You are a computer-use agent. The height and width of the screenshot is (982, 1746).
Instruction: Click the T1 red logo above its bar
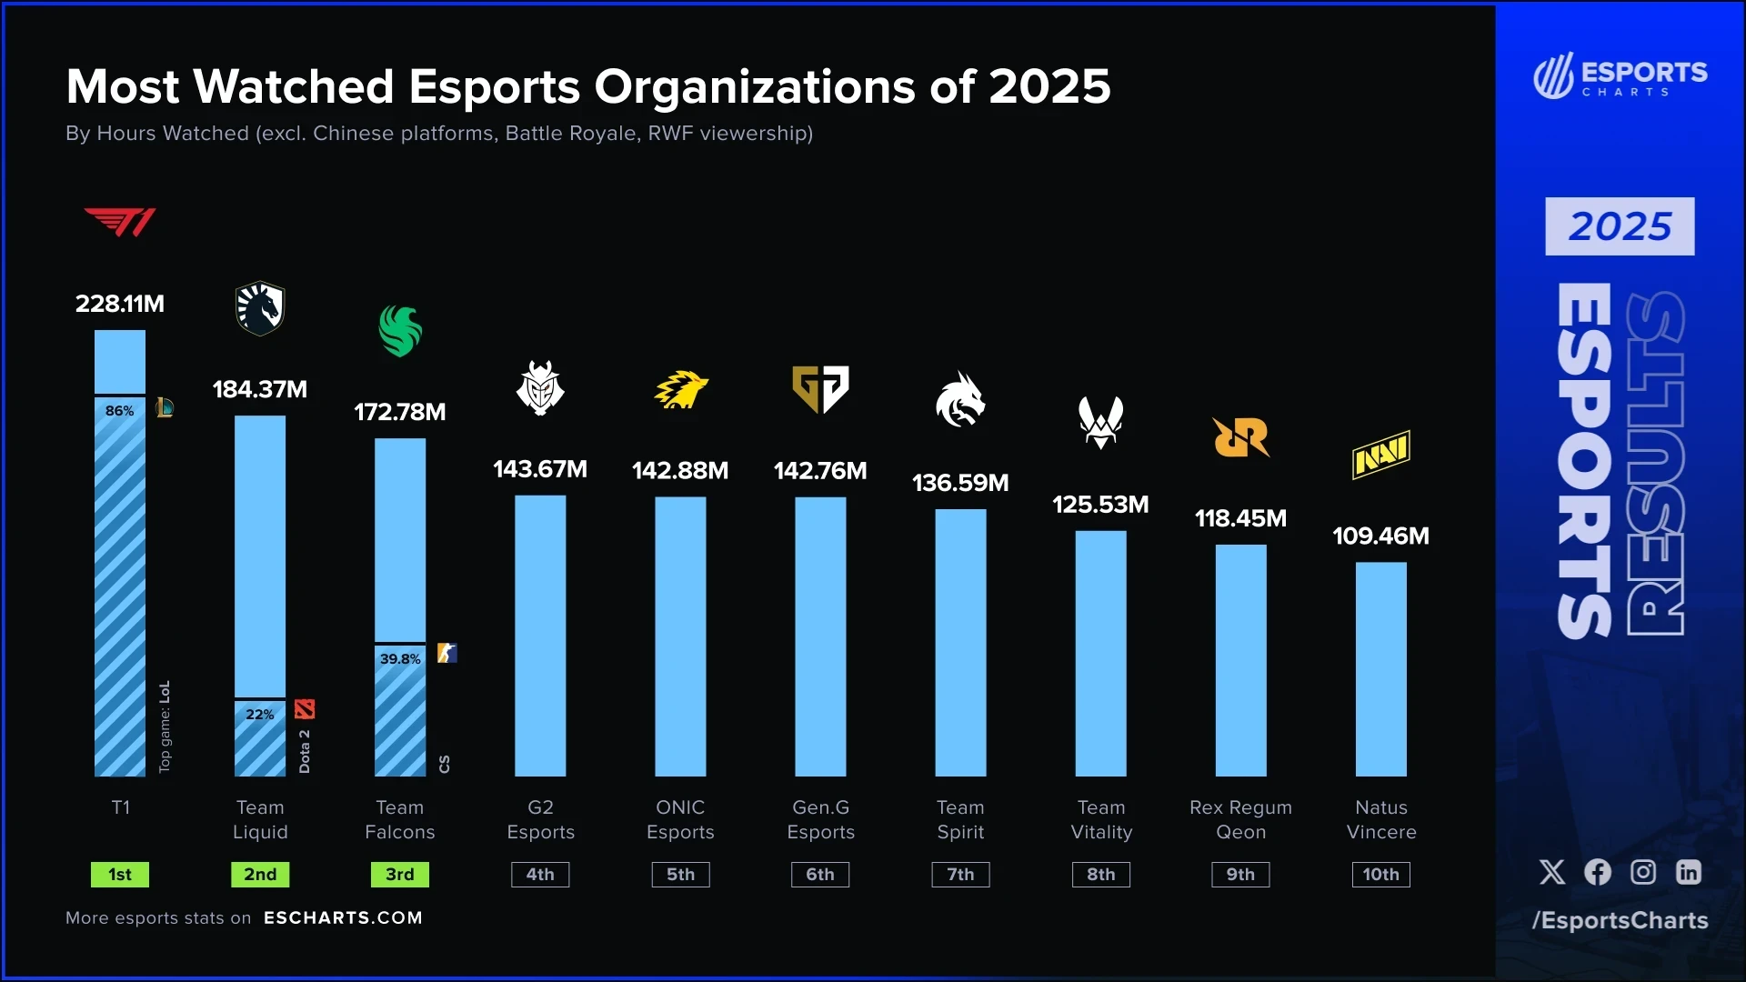pyautogui.click(x=120, y=222)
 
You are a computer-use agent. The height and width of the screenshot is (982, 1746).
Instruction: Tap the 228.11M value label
pyautogui.click(x=120, y=304)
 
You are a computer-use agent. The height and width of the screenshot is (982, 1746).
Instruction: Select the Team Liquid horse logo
pyautogui.click(x=260, y=308)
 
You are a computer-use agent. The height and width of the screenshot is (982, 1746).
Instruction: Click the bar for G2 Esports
pyautogui.click(x=540, y=636)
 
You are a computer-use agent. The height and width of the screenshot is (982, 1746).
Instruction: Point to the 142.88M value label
pyautogui.click(x=680, y=470)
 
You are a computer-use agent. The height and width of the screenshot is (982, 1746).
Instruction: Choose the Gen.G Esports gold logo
pyautogui.click(x=820, y=389)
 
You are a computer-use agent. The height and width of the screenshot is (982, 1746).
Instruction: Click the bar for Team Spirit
pyautogui.click(x=960, y=642)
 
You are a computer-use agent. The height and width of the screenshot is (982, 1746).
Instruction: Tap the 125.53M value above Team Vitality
pyautogui.click(x=1100, y=505)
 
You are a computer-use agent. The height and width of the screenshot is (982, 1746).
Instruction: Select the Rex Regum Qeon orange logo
pyautogui.click(x=1240, y=437)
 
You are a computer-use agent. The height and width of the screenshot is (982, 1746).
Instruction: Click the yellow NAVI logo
pyautogui.click(x=1380, y=455)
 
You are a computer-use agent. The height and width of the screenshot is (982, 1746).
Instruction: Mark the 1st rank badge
pyautogui.click(x=120, y=875)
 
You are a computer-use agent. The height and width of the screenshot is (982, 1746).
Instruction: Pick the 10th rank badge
pyautogui.click(x=1380, y=875)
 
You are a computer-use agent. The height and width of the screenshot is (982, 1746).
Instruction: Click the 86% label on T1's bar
pyautogui.click(x=120, y=411)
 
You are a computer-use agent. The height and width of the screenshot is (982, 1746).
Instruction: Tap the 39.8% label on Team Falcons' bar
pyautogui.click(x=400, y=658)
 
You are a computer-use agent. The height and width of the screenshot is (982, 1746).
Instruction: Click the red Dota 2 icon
pyautogui.click(x=305, y=709)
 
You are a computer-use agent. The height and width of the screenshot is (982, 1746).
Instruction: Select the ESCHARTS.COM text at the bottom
pyautogui.click(x=343, y=918)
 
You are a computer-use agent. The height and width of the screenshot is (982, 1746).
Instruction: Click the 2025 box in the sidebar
pyautogui.click(x=1620, y=226)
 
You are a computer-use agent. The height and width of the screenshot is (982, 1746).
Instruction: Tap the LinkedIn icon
pyautogui.click(x=1689, y=873)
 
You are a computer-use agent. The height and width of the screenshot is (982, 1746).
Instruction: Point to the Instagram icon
pyautogui.click(x=1643, y=873)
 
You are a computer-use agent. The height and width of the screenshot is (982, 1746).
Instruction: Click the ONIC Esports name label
pyautogui.click(x=680, y=819)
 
